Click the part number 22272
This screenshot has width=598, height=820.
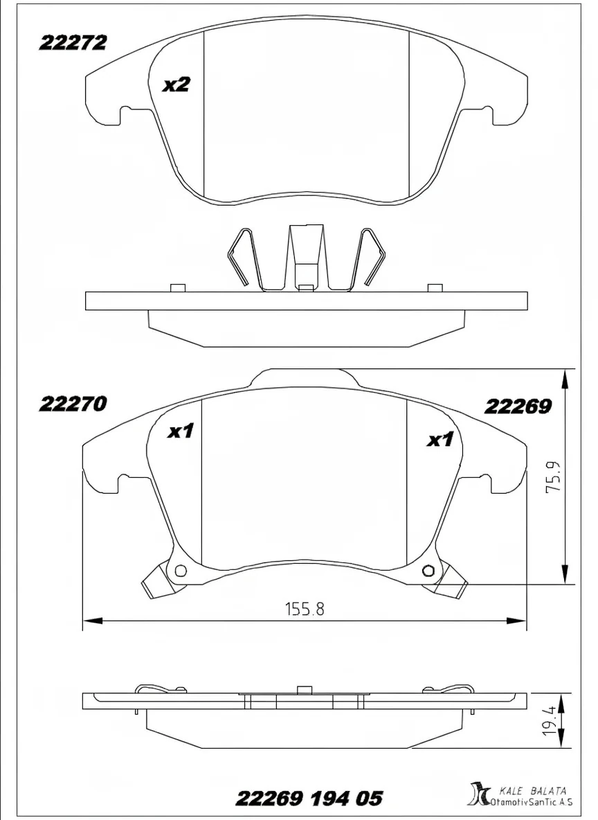click(72, 43)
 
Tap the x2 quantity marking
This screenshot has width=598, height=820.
click(176, 85)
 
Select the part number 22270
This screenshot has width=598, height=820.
click(72, 404)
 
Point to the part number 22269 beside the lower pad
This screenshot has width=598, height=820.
click(518, 407)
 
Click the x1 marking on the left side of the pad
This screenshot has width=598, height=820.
click(180, 432)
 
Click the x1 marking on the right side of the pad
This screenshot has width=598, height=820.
click(439, 440)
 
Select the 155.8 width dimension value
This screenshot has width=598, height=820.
click(305, 609)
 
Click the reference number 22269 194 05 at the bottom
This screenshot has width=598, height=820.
click(309, 799)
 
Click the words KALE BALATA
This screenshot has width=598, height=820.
click(533, 790)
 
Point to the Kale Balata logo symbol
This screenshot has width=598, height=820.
click(478, 795)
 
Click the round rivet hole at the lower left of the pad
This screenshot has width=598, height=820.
click(181, 571)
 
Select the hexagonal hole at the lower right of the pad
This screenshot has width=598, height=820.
click(428, 571)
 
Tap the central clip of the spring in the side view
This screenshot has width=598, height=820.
click(305, 256)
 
